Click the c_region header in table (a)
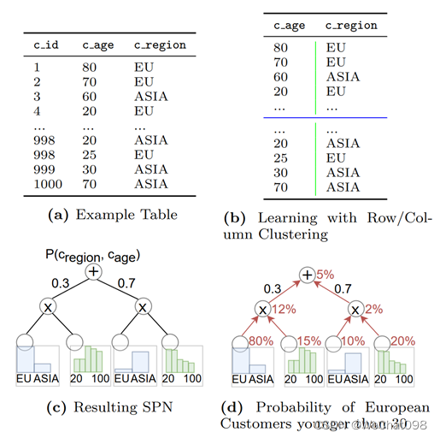[x=160, y=44]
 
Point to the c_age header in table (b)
[x=289, y=25]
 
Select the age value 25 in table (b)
[x=281, y=158]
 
